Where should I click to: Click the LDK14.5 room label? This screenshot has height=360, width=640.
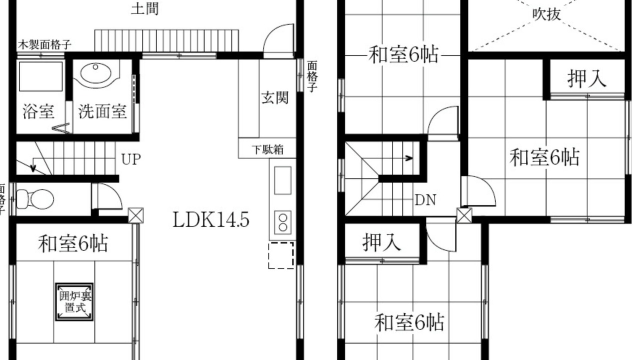pos(211,219)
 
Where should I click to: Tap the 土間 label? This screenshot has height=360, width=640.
pos(145,8)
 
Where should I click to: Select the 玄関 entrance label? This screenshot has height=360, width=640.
pos(275,97)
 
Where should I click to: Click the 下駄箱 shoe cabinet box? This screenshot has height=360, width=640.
pos(267,148)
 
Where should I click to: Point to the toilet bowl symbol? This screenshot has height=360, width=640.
pos(35,199)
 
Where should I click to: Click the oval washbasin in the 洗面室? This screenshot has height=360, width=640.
pos(95,73)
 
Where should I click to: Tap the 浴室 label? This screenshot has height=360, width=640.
pos(38,111)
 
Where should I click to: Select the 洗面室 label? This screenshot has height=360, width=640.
pos(102,111)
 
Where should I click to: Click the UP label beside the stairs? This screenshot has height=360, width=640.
pos(131,159)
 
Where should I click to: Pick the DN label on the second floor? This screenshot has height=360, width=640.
pos(425,200)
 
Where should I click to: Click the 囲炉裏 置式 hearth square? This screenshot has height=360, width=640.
pos(74,301)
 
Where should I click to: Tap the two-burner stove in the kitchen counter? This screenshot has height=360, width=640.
pos(283,223)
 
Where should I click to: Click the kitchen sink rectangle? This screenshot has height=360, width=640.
pos(283,181)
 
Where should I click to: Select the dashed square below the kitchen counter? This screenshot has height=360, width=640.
pos(281,255)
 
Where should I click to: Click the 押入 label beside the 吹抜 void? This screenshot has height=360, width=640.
pos(586,78)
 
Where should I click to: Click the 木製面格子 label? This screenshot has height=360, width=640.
pos(44,45)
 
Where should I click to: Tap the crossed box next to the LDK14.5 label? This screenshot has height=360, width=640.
pos(135,215)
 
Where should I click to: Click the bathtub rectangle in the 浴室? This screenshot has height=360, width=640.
pos(40,76)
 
